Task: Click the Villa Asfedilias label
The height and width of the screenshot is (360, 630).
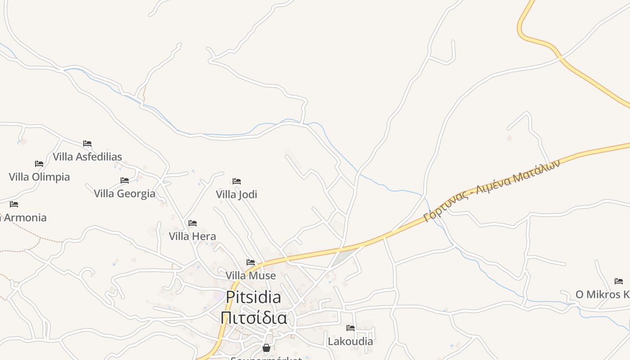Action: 87,157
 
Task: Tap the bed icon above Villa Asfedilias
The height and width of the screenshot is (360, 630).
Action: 87,144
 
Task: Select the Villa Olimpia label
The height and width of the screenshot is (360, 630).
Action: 39,177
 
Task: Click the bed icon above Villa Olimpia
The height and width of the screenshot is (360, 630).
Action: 39,163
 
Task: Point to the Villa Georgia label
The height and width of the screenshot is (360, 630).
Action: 124,193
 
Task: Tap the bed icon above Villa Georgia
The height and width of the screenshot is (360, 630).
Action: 125,180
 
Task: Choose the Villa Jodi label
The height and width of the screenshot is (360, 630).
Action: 236,194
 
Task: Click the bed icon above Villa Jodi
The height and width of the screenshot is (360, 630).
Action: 237,181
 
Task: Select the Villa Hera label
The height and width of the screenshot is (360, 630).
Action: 192,236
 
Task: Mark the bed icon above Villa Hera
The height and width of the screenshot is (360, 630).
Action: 193,223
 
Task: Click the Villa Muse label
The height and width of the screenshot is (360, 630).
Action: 250,275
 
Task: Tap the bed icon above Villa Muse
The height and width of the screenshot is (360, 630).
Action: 251,262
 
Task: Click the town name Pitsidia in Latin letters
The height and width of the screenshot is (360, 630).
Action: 253,297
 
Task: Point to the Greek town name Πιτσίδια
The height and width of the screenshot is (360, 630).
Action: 253,317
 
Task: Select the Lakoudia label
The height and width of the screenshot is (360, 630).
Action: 350,341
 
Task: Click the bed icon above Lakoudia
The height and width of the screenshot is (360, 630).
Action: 351,328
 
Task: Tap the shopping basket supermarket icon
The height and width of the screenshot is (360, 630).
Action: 266,348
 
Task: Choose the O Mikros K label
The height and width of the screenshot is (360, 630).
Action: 602,294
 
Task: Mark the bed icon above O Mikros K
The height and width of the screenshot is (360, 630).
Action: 619,281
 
